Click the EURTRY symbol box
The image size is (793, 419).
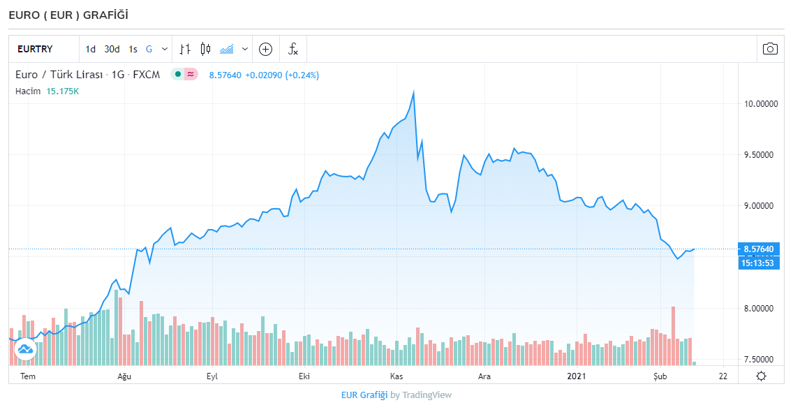point(35,49)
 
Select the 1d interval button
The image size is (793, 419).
point(91,49)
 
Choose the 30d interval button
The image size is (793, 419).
point(112,49)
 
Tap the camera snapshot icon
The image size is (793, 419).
point(770,49)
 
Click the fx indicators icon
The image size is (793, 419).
point(293,49)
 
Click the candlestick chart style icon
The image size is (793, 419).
point(205,49)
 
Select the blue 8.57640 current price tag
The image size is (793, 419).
point(759,249)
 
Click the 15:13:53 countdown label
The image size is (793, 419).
point(759,263)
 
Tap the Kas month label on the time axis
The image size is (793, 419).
point(396,376)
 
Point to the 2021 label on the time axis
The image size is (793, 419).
point(576,376)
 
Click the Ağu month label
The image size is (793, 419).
point(124,376)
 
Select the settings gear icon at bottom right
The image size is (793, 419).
point(761,376)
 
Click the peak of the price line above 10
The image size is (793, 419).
point(414,92)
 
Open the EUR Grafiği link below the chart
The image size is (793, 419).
point(364,395)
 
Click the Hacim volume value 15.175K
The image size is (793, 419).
point(63,91)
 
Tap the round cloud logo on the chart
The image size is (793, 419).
point(25,348)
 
